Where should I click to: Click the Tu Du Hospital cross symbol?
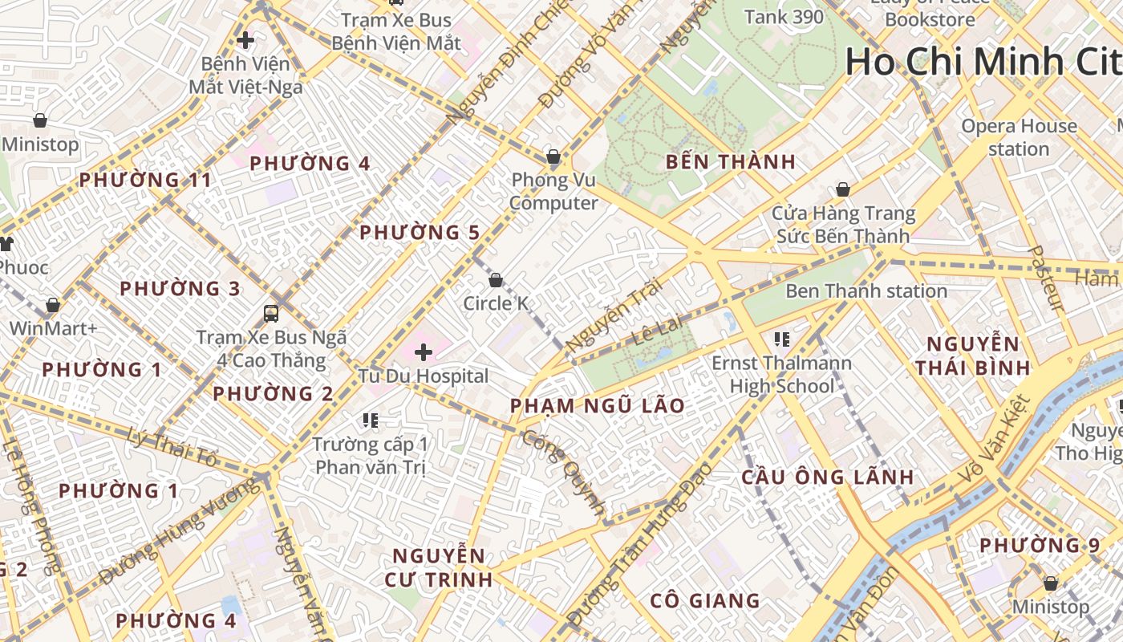[x=423, y=351]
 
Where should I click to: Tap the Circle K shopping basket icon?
[x=496, y=280]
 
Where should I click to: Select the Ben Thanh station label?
[x=866, y=291]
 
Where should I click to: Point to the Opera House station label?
[x=1019, y=137]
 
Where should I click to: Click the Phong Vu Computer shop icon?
[x=553, y=156]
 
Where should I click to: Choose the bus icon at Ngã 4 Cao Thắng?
[x=271, y=313]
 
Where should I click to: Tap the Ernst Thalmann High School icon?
[x=781, y=339]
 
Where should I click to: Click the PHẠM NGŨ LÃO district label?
[x=598, y=405]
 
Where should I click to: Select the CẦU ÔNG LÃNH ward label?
[x=828, y=477]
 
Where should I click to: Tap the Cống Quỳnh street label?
[x=564, y=473]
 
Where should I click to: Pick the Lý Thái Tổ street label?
[x=172, y=447]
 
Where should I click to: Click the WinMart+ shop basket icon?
[x=53, y=305]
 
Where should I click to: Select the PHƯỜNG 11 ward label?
[x=145, y=180]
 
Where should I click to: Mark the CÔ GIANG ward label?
[x=705, y=600]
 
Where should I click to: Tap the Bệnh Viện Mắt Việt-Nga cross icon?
[x=245, y=39]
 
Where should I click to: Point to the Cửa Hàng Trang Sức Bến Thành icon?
[x=842, y=189]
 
